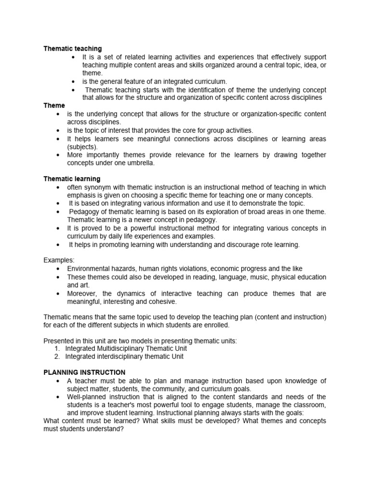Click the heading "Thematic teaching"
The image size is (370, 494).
[x=73, y=49]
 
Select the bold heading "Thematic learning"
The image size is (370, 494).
[x=72, y=179]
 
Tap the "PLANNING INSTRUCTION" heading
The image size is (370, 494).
[x=84, y=372]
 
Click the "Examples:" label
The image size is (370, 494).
[x=59, y=260]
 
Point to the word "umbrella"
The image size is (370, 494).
[x=138, y=163]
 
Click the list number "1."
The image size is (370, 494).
[x=57, y=348]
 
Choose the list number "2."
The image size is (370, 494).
[x=57, y=357]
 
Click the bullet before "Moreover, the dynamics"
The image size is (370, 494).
[x=58, y=293]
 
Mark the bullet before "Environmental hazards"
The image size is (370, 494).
[x=58, y=269]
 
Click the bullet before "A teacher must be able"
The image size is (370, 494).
[x=58, y=381]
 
